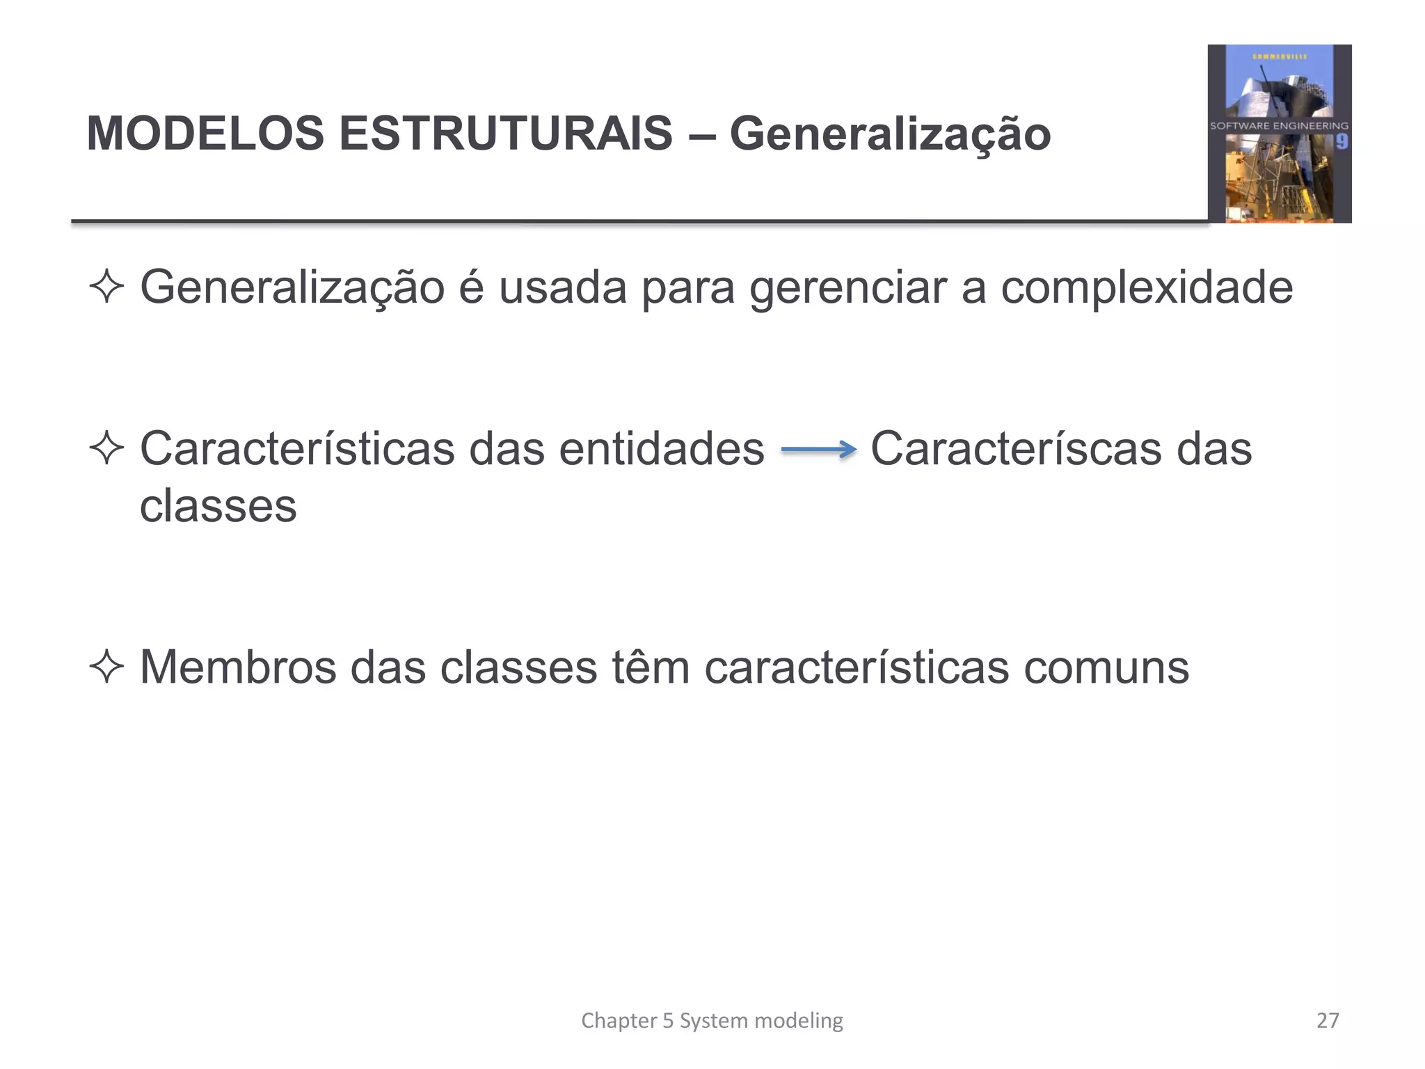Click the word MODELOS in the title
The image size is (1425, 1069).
click(205, 133)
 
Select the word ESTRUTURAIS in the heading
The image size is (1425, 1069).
click(506, 133)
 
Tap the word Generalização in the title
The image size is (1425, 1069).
click(890, 134)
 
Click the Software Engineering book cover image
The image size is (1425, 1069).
click(1279, 134)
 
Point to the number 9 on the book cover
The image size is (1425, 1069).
click(1342, 142)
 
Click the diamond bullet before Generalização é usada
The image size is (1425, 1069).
click(106, 287)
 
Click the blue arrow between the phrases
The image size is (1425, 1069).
click(818, 450)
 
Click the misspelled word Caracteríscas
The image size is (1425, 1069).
click(1016, 449)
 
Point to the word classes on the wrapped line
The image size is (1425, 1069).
click(218, 506)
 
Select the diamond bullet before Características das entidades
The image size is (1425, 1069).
click(106, 449)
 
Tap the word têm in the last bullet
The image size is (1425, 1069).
click(651, 667)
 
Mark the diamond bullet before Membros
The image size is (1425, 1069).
click(106, 667)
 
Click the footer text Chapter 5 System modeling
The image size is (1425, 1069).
click(712, 1020)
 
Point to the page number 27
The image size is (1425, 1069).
click(1328, 1020)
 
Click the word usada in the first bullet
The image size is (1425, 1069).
click(563, 288)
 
